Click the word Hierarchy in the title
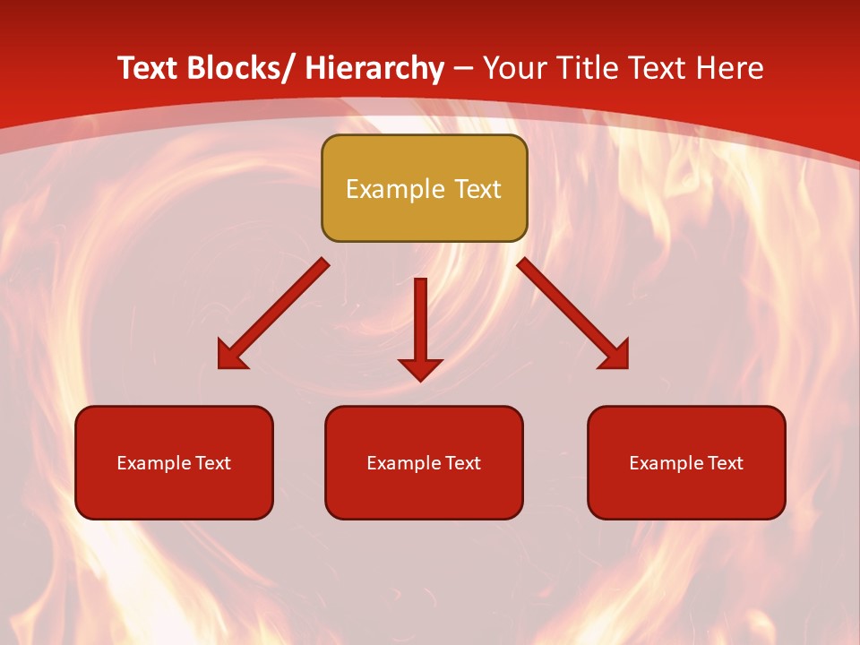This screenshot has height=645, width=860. [374, 68]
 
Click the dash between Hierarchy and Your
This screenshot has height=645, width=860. [463, 68]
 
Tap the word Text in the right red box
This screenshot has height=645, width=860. [724, 463]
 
